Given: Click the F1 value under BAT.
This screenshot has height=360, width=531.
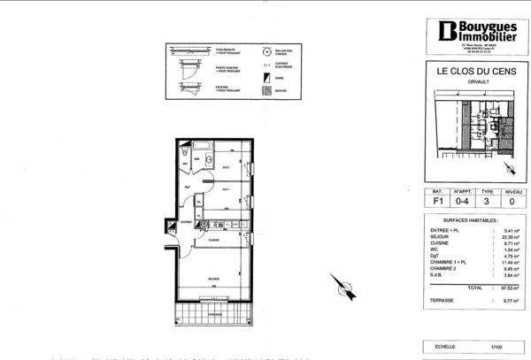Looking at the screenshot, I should [x=437, y=202].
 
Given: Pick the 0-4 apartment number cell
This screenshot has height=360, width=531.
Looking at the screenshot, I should [x=461, y=202].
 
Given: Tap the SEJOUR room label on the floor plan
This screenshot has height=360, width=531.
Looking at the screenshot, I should [x=213, y=279].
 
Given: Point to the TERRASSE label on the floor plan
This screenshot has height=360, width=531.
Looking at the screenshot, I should [x=214, y=313].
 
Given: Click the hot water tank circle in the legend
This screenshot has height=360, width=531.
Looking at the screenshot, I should [x=266, y=50].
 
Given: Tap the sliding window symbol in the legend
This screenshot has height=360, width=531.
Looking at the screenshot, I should [x=189, y=50].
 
